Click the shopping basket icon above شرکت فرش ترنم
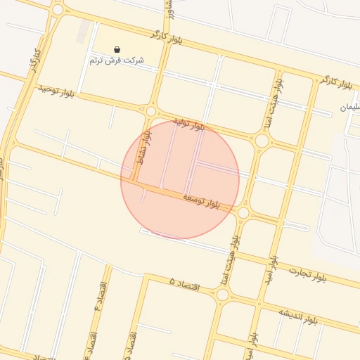point(117,50)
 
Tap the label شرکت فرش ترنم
point(117,60)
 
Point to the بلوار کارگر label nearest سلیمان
point(335,82)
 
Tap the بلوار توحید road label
point(56,91)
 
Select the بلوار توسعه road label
point(201,200)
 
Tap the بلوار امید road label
point(272,270)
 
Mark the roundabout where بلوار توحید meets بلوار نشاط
point(150,110)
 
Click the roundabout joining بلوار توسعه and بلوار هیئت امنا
point(243,212)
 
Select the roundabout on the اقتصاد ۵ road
point(222,295)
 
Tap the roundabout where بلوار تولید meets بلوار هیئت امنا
point(262,141)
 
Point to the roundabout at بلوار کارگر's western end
point(58,10)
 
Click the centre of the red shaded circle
point(180,179)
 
